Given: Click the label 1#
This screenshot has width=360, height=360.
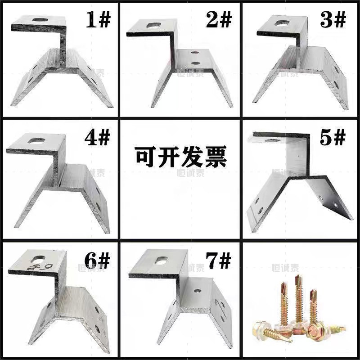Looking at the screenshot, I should pyautogui.click(x=99, y=19).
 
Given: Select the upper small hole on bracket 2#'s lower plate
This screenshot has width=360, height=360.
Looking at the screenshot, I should pyautogui.click(x=194, y=54).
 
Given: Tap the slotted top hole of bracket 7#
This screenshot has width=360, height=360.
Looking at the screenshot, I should pyautogui.click(x=160, y=260).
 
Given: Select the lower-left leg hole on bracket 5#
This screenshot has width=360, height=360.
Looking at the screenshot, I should pyautogui.click(x=259, y=208).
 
